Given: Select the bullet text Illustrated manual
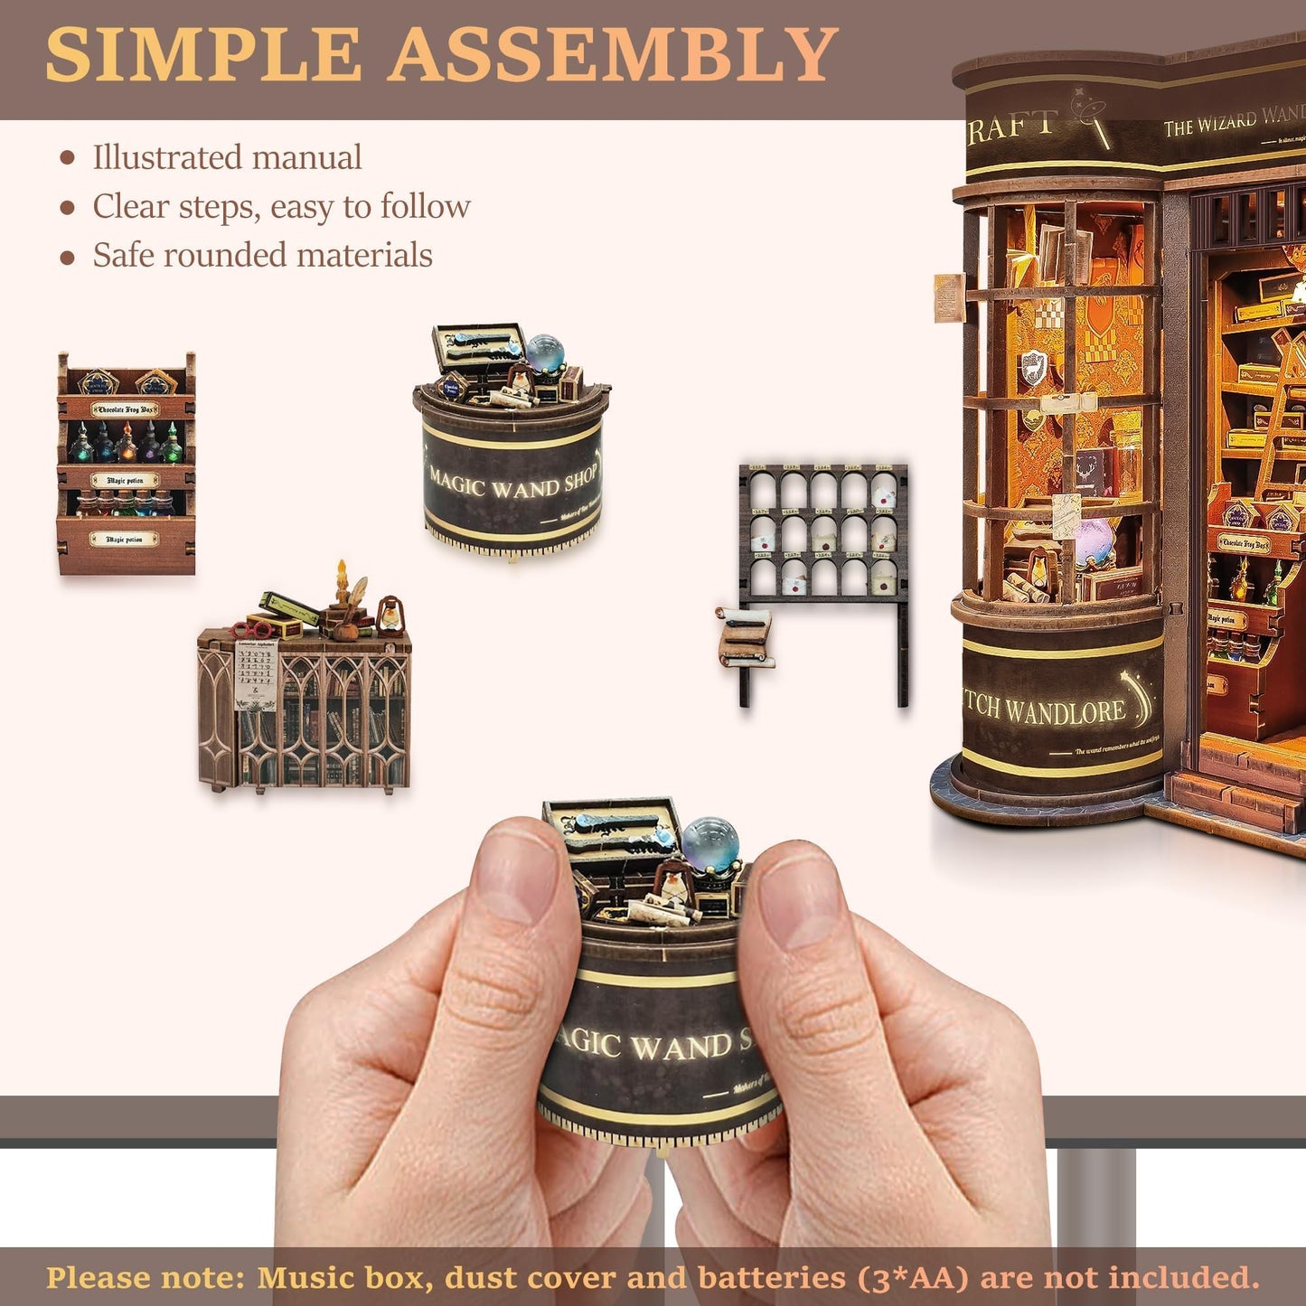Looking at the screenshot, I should pos(227,157).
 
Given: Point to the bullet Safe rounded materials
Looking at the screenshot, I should pos(262,255).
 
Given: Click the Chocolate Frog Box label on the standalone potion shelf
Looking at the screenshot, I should pos(125,409).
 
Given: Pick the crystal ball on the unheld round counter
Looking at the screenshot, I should pos(545,352).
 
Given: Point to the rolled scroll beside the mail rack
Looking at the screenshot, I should pos(744,637).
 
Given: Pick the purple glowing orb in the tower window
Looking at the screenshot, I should pos(1095,542).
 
